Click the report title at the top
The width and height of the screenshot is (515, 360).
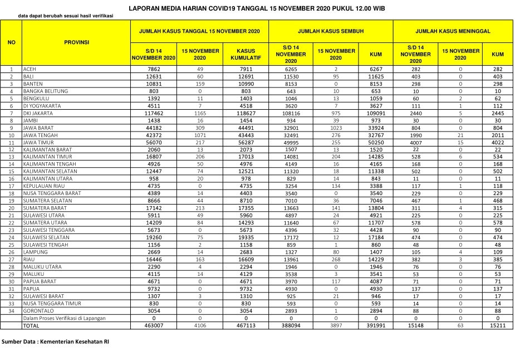point(257,8)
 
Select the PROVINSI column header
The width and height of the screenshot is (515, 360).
point(76,42)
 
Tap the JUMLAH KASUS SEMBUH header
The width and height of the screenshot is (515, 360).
point(330,31)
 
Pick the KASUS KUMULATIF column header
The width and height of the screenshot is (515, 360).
point(246,54)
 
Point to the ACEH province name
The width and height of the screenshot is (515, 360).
point(29,69)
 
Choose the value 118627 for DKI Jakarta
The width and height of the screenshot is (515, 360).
point(246,113)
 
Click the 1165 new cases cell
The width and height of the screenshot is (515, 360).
point(200,113)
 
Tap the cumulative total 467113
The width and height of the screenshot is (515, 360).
point(246,325)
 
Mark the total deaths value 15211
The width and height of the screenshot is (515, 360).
point(498,325)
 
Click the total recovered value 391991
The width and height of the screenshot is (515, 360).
point(372,325)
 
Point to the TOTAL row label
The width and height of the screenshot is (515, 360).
point(31,325)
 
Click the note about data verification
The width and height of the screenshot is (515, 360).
point(65,16)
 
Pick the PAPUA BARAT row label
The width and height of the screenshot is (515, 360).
point(37,281)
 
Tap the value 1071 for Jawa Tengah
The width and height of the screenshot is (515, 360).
point(200,134)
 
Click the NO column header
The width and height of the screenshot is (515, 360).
point(11,42)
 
